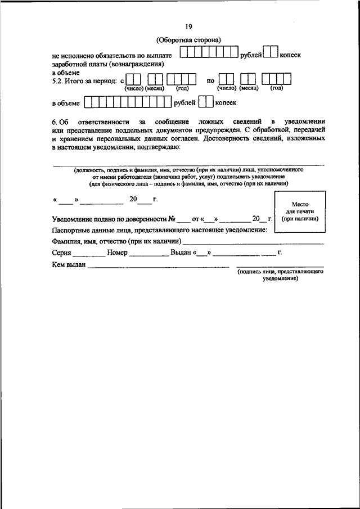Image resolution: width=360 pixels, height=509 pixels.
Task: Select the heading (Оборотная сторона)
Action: click(x=188, y=40)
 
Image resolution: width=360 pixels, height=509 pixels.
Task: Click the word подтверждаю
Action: click(x=157, y=147)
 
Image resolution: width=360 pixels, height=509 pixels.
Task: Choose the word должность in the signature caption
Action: click(x=90, y=169)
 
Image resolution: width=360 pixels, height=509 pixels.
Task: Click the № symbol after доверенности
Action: click(x=173, y=218)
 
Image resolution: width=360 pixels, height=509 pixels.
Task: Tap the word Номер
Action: click(x=117, y=253)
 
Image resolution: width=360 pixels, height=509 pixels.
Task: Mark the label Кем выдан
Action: click(x=68, y=265)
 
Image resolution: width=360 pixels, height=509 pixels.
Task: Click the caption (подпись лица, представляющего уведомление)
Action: click(x=280, y=274)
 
